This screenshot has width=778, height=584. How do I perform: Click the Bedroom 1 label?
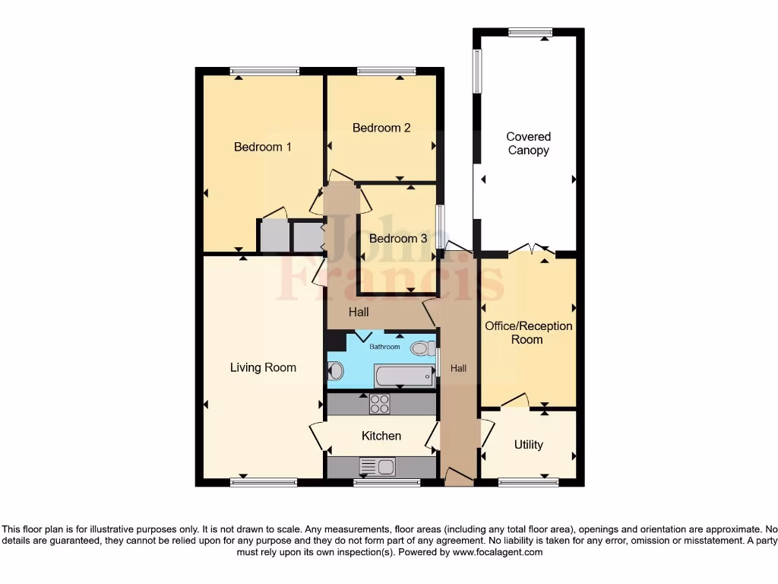[262, 147]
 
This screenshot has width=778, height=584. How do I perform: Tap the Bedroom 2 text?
[381, 128]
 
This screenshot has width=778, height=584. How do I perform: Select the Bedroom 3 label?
[398, 238]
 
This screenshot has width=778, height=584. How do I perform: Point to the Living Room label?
[263, 367]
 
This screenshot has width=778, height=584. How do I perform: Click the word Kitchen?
[381, 436]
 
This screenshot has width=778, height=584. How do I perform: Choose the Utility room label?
[528, 444]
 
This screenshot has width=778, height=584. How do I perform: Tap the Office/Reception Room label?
[528, 332]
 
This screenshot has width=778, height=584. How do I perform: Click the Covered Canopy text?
[528, 144]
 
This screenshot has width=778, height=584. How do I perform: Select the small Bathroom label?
[384, 347]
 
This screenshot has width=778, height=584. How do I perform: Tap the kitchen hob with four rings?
[379, 404]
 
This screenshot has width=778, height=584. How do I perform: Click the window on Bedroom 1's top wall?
[265, 71]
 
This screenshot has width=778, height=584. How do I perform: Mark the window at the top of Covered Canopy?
[530, 32]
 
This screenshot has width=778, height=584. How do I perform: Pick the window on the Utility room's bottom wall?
[528, 481]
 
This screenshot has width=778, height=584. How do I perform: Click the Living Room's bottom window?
[264, 481]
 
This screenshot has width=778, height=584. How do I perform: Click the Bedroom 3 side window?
[438, 226]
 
